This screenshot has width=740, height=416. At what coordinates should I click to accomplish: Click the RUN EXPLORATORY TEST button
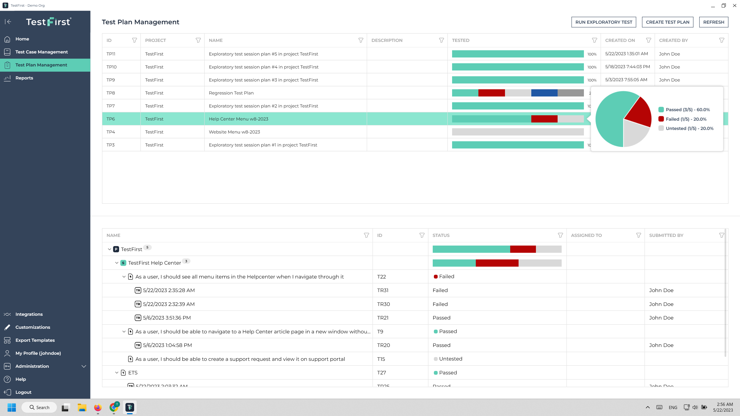click(604, 22)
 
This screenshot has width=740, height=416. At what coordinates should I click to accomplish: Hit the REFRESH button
click(713, 22)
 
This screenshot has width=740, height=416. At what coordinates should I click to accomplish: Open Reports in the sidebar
click(24, 78)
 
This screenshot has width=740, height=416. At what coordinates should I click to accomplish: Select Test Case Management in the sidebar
click(41, 52)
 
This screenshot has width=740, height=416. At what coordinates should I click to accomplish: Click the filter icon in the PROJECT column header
click(198, 40)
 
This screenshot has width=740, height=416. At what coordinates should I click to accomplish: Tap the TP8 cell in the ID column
click(111, 93)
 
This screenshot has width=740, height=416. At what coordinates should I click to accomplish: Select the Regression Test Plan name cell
click(231, 93)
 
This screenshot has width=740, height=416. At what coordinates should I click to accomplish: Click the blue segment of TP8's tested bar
click(544, 93)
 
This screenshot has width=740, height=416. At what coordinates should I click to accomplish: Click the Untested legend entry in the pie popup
click(689, 129)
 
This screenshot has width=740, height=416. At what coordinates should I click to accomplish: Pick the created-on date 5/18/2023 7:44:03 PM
click(627, 67)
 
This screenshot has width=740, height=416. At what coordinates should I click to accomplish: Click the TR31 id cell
click(383, 290)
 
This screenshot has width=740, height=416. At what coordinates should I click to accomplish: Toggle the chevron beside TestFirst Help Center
click(117, 263)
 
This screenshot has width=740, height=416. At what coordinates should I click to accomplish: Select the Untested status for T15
click(450, 359)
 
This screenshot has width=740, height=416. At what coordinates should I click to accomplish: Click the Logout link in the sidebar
click(23, 392)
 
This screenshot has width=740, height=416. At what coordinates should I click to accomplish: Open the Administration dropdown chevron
click(84, 366)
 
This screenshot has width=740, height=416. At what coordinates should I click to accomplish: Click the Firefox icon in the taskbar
click(98, 407)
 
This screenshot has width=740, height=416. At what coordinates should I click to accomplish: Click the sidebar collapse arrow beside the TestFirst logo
click(8, 22)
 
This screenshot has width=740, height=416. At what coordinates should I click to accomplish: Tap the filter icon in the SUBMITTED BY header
click(721, 235)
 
